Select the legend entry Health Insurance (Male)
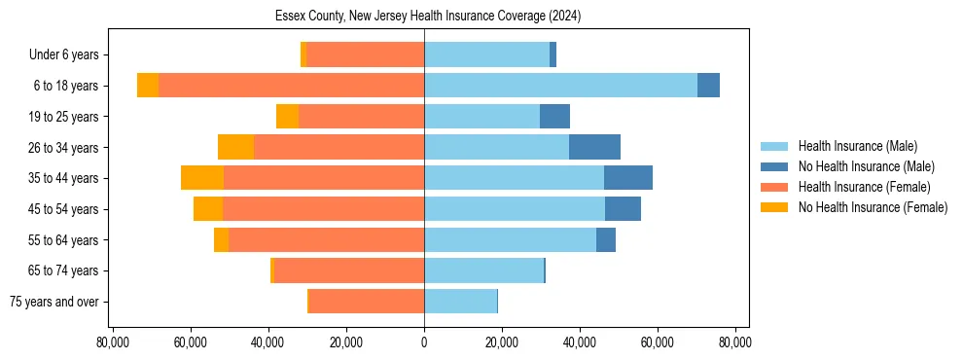click(x=857, y=146)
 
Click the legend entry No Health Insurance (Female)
click(x=873, y=207)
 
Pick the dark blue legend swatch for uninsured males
click(x=774, y=166)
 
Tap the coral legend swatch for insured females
click(x=774, y=187)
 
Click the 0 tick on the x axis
click(x=424, y=342)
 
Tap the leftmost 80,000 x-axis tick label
click(x=113, y=342)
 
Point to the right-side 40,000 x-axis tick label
click(x=580, y=342)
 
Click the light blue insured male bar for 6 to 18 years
click(x=560, y=86)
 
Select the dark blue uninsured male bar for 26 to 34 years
click(x=594, y=147)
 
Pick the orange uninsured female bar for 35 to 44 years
click(x=202, y=178)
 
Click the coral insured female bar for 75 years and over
click(x=366, y=302)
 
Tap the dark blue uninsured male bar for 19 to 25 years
click(x=554, y=117)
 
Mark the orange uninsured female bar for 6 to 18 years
click(x=148, y=86)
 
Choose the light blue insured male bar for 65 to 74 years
click(x=483, y=270)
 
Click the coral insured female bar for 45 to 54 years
click(x=323, y=209)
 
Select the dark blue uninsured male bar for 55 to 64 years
click(x=606, y=239)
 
